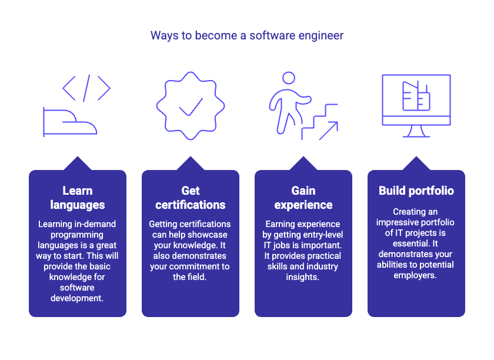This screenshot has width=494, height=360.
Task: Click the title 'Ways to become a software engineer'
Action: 247,35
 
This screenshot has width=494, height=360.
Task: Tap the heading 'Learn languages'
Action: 78,198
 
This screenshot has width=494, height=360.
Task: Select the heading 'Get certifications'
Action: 191,198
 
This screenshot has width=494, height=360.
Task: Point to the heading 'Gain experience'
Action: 303,198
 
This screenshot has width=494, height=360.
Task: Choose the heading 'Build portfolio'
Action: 416,191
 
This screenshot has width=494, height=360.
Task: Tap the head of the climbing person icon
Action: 288,78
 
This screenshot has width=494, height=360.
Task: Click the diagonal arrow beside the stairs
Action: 328,130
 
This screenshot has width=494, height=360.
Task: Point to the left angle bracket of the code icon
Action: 69,88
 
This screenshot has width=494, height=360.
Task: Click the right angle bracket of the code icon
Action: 104,88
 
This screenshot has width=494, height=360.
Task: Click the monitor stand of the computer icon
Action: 416,131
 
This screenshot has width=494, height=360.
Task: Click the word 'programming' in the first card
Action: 78,235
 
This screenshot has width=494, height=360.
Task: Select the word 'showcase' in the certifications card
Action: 209,235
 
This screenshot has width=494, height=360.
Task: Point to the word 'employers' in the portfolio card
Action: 415,275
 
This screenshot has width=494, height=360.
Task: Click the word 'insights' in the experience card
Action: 303,277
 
